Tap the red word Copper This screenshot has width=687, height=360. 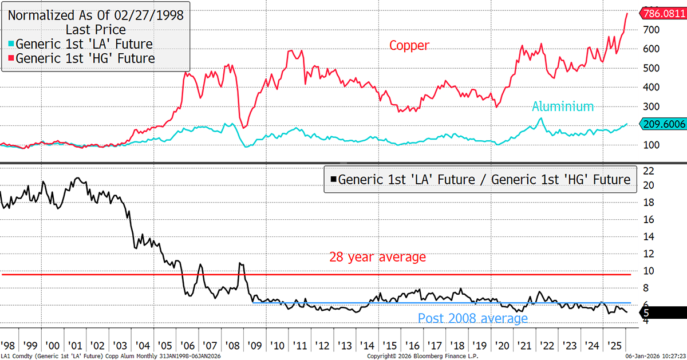coord(409,45)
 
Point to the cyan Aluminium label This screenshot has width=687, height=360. coord(563,106)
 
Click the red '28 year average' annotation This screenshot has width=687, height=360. coord(377,257)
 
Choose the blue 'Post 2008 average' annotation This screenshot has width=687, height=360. coord(473,318)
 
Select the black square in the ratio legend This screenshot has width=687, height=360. coord(333,179)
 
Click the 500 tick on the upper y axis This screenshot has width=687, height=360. coord(650,68)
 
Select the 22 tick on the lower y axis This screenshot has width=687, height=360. coord(648,171)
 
